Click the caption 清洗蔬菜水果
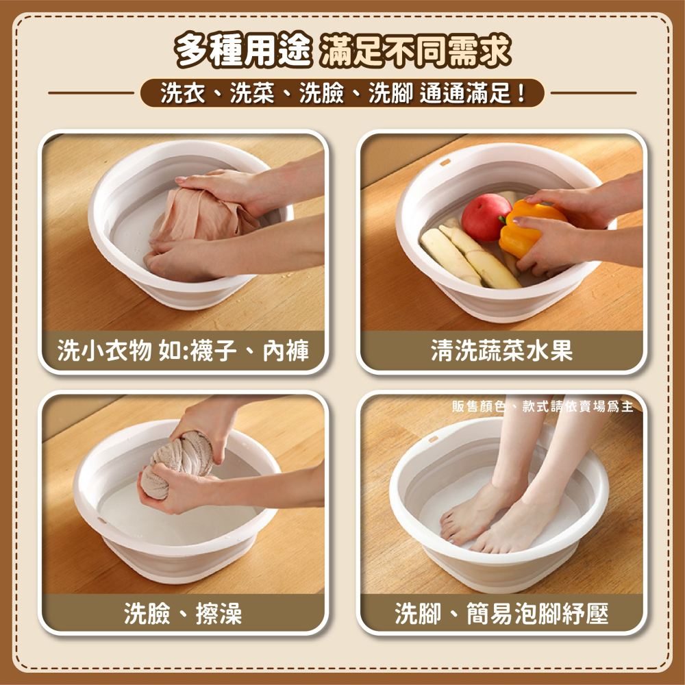501,350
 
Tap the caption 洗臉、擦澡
183,613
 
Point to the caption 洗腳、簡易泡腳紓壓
501,613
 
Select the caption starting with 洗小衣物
183,350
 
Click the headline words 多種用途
243,50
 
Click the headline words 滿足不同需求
414,50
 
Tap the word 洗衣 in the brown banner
183,93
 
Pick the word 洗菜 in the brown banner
252,93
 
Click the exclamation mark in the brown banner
521,93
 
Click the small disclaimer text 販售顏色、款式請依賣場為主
542,407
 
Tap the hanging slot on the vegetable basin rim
445,162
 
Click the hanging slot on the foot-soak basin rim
433,439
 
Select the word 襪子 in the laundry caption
214,350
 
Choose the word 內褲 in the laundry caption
286,350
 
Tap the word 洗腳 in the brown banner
390,93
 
